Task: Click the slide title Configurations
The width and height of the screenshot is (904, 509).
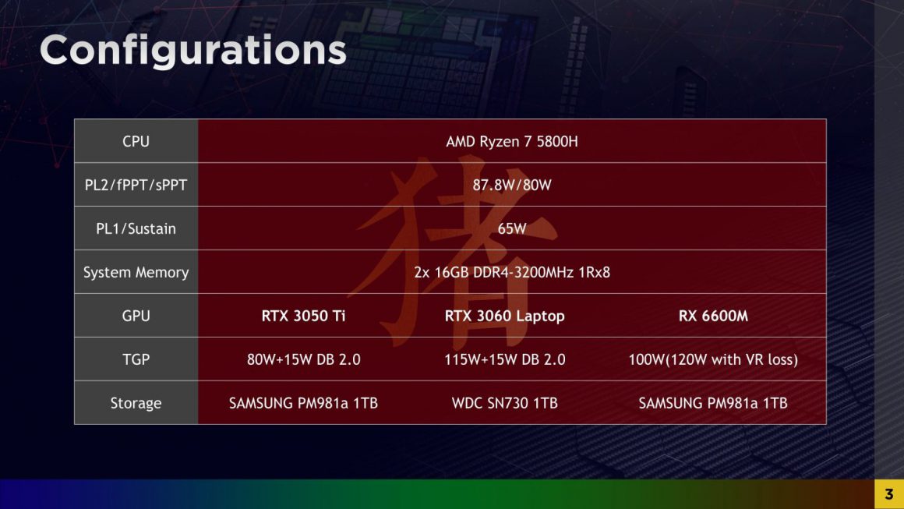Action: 192,50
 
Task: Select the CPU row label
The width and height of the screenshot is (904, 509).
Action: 136,142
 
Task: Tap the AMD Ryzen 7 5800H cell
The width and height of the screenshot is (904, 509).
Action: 511,142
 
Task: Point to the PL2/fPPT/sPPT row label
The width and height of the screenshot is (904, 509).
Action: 136,186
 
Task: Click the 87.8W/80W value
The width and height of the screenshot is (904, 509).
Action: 511,186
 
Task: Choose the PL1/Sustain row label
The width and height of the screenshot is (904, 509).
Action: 136,229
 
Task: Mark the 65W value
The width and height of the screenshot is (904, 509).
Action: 511,229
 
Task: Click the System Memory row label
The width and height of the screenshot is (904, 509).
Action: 136,273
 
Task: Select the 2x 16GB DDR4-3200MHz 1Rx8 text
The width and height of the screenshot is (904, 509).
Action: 511,273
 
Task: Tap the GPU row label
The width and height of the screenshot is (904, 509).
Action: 136,316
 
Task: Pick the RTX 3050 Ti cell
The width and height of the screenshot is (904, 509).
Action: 303,316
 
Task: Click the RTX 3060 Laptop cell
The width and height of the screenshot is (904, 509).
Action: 504,316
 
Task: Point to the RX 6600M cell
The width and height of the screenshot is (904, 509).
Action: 713,316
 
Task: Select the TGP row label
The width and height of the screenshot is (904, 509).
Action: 136,360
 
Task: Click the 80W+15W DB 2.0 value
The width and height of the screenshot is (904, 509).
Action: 303,360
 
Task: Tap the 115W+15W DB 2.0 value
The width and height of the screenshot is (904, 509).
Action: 504,360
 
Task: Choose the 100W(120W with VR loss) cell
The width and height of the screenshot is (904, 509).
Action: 713,360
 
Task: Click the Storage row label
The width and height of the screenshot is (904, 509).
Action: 136,404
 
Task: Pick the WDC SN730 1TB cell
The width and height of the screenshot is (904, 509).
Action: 504,404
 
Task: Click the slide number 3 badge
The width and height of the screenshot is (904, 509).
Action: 888,494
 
